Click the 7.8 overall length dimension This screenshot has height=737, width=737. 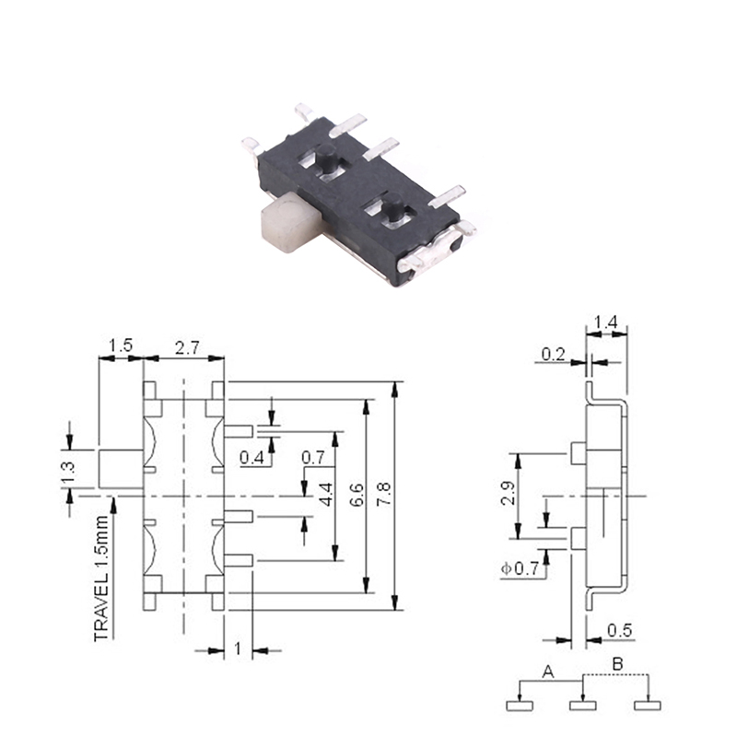[x=384, y=494]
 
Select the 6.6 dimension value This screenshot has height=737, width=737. [x=357, y=494]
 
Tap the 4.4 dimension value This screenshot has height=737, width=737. [x=327, y=494]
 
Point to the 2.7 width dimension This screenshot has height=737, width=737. [x=187, y=348]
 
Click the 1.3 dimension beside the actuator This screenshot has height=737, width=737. [x=67, y=473]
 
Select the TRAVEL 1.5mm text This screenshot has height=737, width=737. [x=101, y=579]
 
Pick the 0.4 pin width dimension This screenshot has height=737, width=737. [x=252, y=457]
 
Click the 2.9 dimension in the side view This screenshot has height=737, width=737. [x=508, y=493]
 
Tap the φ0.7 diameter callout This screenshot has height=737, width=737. [x=520, y=568]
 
